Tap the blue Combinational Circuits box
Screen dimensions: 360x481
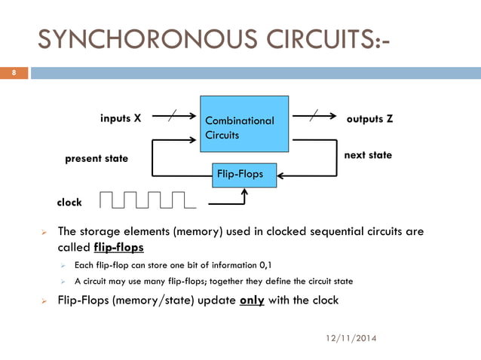tap(244, 124)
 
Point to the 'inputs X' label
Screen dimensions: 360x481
tap(121, 118)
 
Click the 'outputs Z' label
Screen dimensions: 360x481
tap(369, 119)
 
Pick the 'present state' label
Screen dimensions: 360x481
tap(97, 159)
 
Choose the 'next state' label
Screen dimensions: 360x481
tap(368, 154)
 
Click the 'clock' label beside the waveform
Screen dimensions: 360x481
tap(69, 203)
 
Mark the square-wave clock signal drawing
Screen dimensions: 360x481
tap(147, 199)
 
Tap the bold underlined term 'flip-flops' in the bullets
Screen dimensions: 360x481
tap(119, 248)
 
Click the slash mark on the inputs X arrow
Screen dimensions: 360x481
tap(174, 115)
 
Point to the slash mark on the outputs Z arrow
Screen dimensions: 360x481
tap(315, 115)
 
